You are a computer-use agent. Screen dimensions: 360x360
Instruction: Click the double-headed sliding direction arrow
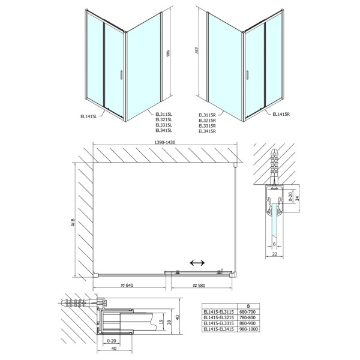pyautogui.click(x=196, y=263)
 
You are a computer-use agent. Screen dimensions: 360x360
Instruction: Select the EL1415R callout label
pyautogui.click(x=281, y=114)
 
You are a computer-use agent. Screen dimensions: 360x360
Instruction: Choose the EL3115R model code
pyautogui.click(x=207, y=114)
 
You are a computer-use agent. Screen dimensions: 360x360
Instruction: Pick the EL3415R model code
pyautogui.click(x=207, y=130)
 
